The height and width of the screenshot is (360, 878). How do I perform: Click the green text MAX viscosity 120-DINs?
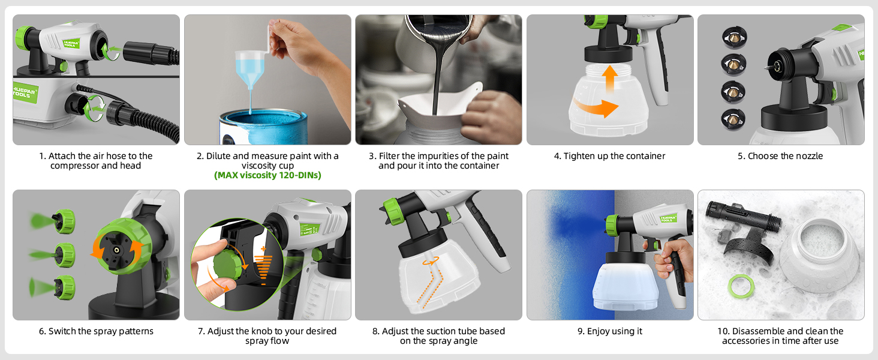click(267, 176)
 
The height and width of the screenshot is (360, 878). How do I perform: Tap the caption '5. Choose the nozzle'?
click(780, 156)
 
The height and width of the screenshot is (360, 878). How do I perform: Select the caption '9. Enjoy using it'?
click(609, 331)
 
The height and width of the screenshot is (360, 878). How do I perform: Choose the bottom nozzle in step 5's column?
click(733, 118)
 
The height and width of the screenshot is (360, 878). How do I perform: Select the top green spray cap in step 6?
click(64, 221)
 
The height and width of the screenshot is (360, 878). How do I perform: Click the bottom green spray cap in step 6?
click(64, 287)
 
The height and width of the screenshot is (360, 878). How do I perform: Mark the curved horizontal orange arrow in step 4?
click(597, 108)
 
